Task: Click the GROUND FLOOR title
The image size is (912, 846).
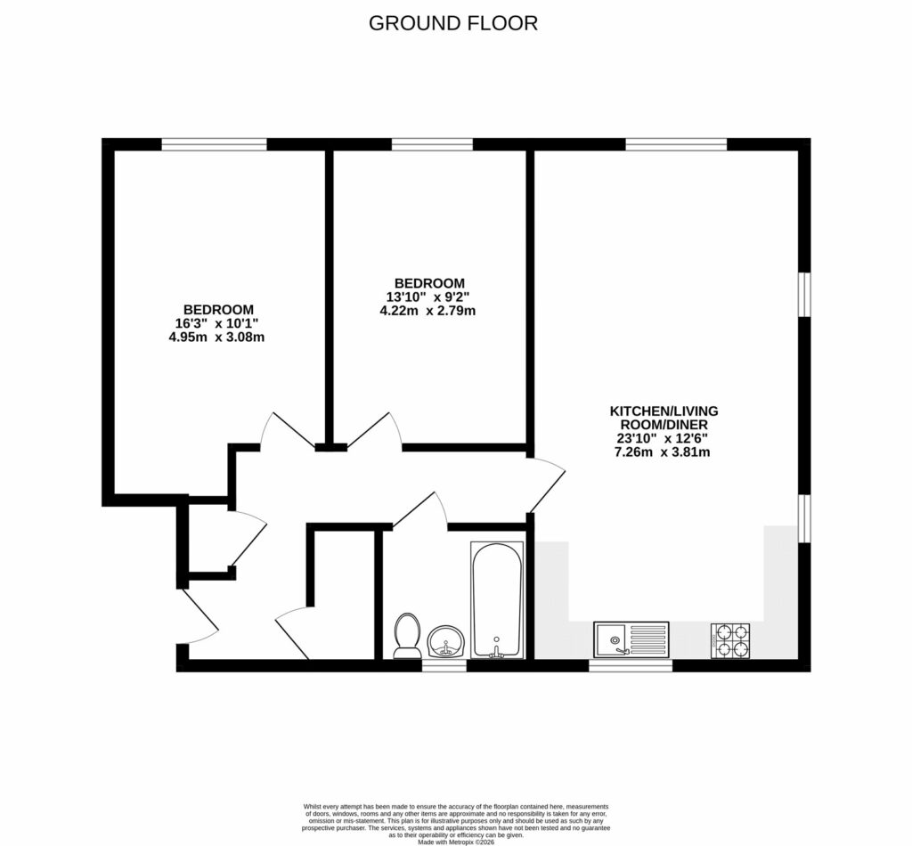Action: click(x=453, y=23)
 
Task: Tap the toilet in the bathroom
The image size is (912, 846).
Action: click(x=407, y=635)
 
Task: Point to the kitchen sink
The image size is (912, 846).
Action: click(x=631, y=639)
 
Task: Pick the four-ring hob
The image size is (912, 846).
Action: click(x=729, y=640)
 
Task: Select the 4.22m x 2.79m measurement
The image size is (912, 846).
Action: click(x=427, y=311)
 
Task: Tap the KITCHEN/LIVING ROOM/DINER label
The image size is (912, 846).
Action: click(x=664, y=418)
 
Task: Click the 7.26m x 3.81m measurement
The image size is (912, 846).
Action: click(x=664, y=451)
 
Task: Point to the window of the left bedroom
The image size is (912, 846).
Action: click(x=214, y=143)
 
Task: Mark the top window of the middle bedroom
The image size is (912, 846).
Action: click(x=432, y=143)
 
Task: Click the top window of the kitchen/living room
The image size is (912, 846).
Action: click(x=676, y=143)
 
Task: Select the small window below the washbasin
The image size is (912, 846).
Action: click(x=444, y=664)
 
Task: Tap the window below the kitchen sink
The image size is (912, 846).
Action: click(x=631, y=664)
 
